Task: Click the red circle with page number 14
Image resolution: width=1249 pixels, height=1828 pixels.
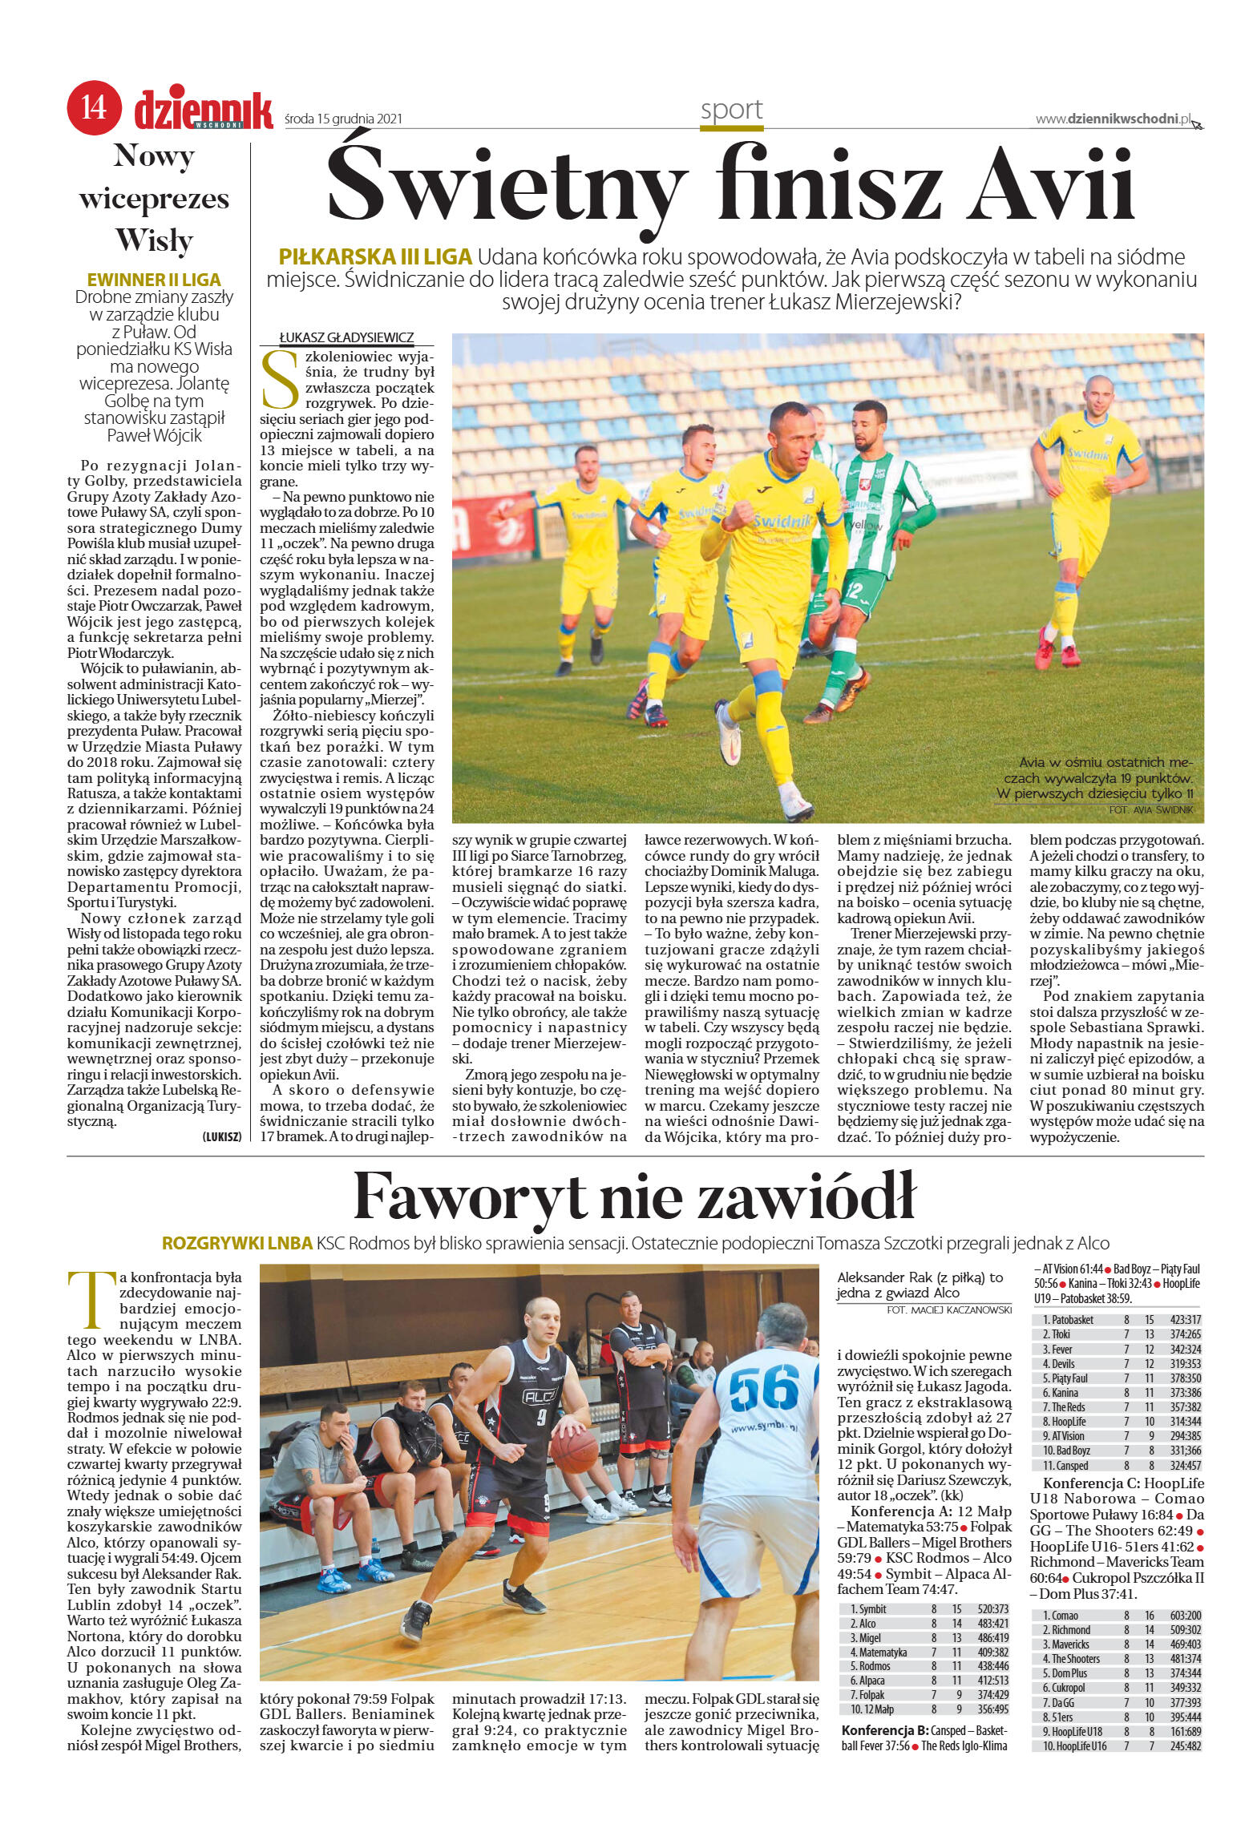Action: (x=94, y=110)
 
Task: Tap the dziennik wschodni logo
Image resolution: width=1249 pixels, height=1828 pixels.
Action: (x=204, y=110)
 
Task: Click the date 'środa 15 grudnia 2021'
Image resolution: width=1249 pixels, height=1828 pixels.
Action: (x=343, y=119)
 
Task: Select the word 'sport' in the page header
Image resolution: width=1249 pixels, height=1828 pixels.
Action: (x=731, y=110)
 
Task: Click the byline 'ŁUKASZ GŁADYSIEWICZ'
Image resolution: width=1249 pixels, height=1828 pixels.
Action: (x=346, y=338)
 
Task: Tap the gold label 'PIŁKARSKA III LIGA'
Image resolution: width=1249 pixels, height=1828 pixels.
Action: (x=374, y=258)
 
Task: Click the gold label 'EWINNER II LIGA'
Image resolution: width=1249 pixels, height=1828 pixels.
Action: (x=153, y=280)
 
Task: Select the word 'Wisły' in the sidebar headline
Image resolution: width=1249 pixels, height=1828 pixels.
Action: (x=154, y=240)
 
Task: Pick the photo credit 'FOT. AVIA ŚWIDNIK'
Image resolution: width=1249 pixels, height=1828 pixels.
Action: (x=1156, y=811)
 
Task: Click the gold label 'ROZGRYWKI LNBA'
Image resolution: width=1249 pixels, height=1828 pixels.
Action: (x=236, y=1244)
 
